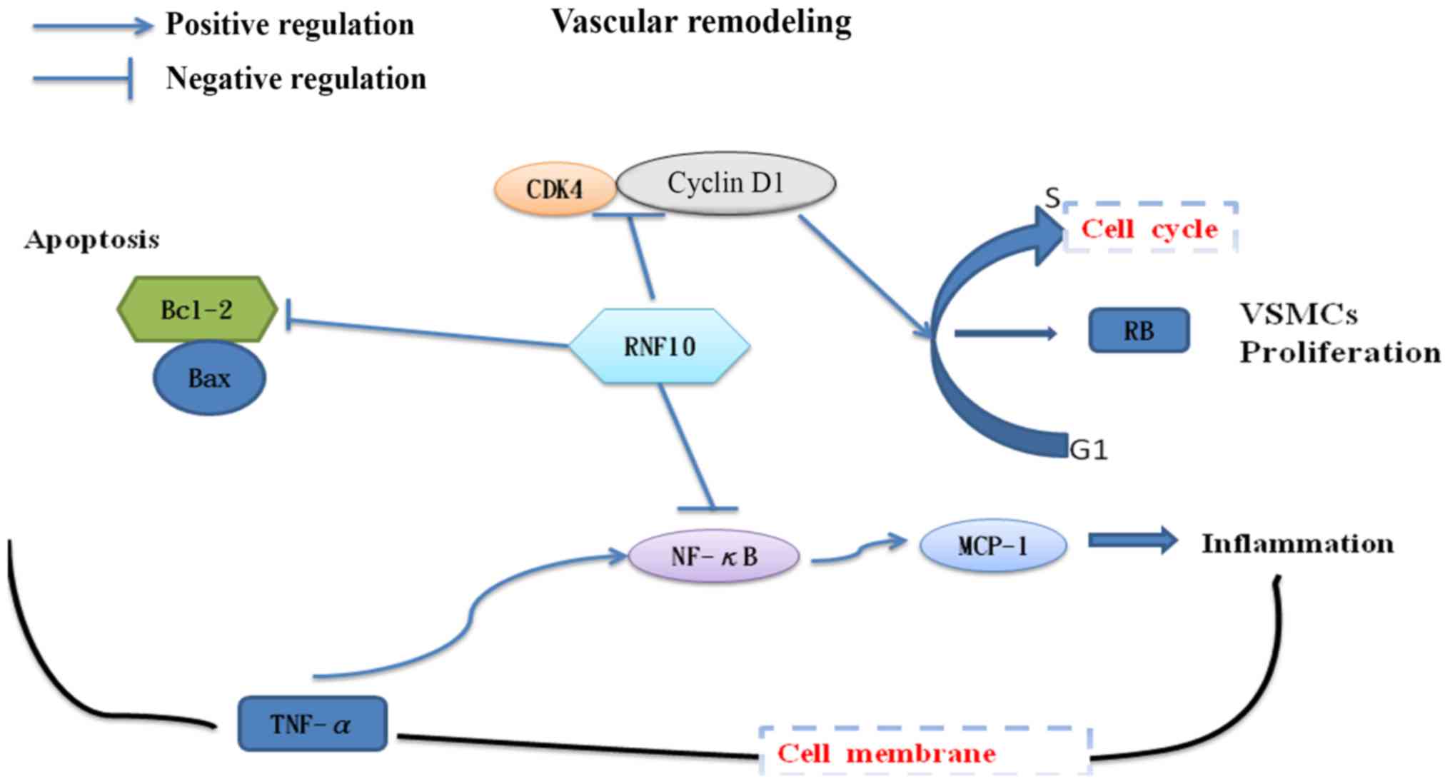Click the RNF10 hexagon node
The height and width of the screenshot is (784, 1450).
coord(659,346)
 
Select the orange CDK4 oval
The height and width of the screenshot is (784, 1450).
coord(555,189)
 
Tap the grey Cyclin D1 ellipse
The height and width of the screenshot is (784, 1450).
coord(725,184)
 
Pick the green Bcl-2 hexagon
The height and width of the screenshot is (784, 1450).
coord(197,309)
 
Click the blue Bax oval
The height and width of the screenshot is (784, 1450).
coord(209,378)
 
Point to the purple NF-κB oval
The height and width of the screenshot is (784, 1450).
coord(713,556)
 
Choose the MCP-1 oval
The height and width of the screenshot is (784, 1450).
coord(993,546)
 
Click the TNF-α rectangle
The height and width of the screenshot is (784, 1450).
coord(312,724)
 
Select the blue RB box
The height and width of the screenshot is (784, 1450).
coord(1139,331)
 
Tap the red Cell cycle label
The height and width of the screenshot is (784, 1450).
coord(1149,228)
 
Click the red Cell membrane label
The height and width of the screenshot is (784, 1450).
coord(886,753)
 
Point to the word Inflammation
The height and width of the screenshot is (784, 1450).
coord(1297,543)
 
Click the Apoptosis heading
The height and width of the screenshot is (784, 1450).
coord(92,240)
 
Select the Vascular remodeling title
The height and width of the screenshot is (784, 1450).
coord(701,21)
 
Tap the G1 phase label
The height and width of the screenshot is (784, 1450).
coord(1089,450)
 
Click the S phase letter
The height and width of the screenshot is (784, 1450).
coord(1052,198)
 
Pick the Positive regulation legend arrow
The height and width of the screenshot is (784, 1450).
coord(93,26)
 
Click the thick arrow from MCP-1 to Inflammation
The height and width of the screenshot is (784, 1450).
coord(1132,541)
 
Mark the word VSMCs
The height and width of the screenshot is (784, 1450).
coord(1298,314)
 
